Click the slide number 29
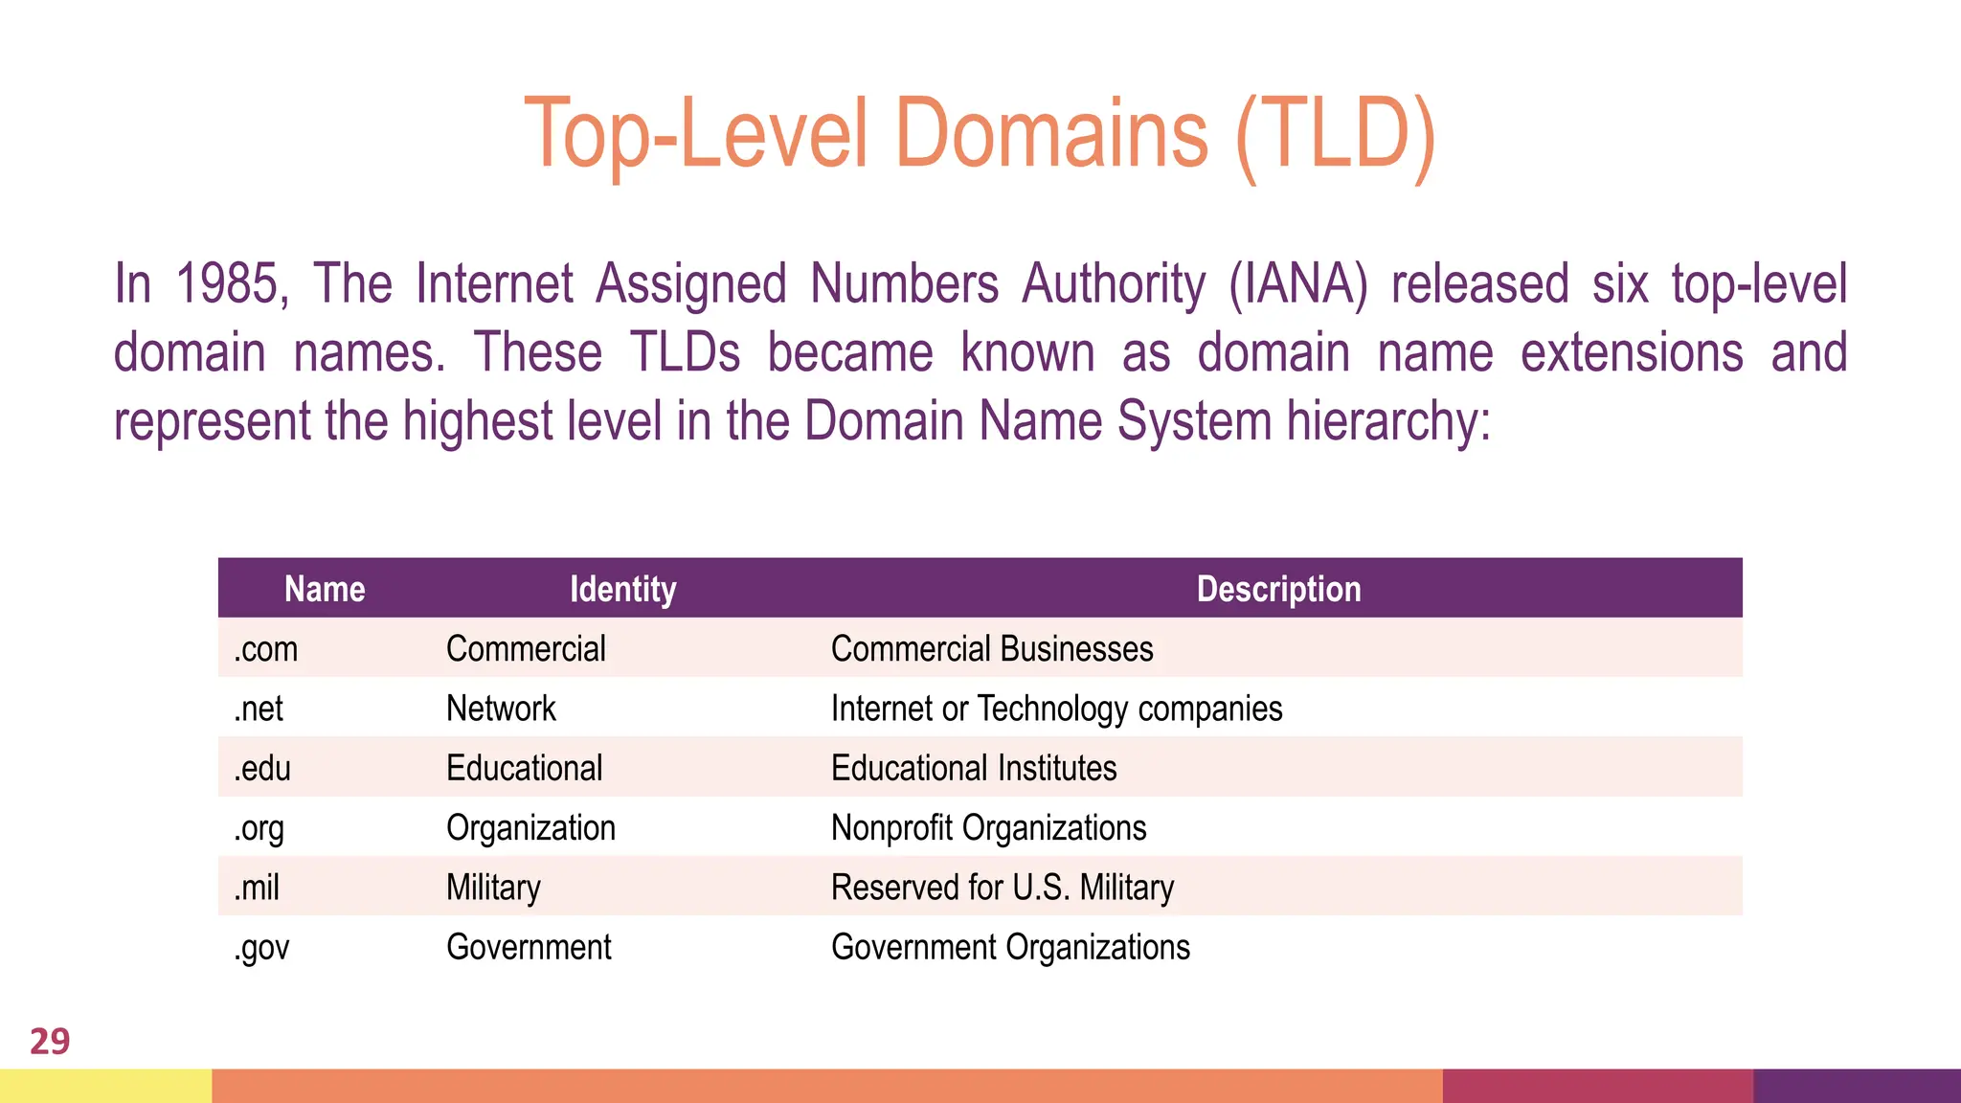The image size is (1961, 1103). pos(50,1041)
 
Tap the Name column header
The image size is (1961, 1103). pos(325,589)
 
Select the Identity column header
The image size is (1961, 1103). pos(622,589)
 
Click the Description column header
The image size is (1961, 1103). pos(1278,589)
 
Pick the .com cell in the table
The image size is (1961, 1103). pos(266,649)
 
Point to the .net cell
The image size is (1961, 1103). pos(259,709)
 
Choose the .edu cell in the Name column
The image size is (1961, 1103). pos(262,768)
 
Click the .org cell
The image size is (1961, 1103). pos(259,828)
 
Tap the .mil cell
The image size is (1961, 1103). pos(257,888)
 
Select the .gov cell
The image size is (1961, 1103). pos(261,948)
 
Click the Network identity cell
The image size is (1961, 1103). pos(501,709)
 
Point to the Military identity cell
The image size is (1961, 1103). pos(493,888)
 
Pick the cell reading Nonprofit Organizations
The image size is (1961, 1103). pos(988,828)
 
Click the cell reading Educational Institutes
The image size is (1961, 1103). pos(974,768)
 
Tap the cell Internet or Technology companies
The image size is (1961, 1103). pos(1056,709)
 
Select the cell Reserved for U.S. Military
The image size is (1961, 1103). pos(1002,888)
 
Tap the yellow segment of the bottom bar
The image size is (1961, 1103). pos(105,1086)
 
